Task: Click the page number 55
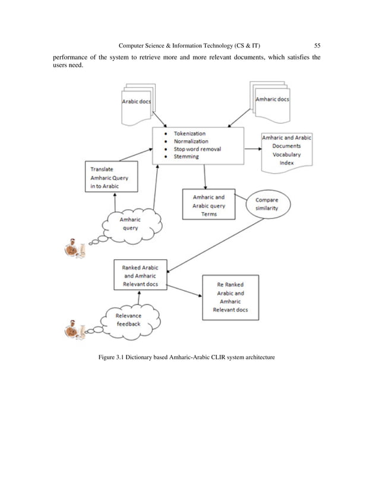coord(318,46)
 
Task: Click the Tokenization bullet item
coord(190,134)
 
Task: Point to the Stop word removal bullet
coord(197,149)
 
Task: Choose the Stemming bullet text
coord(186,157)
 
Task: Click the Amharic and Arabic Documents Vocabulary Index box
coord(286,150)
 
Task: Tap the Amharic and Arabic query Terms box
coord(209,204)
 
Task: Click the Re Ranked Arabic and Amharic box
coord(230,297)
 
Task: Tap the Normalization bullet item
coord(191,141)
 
